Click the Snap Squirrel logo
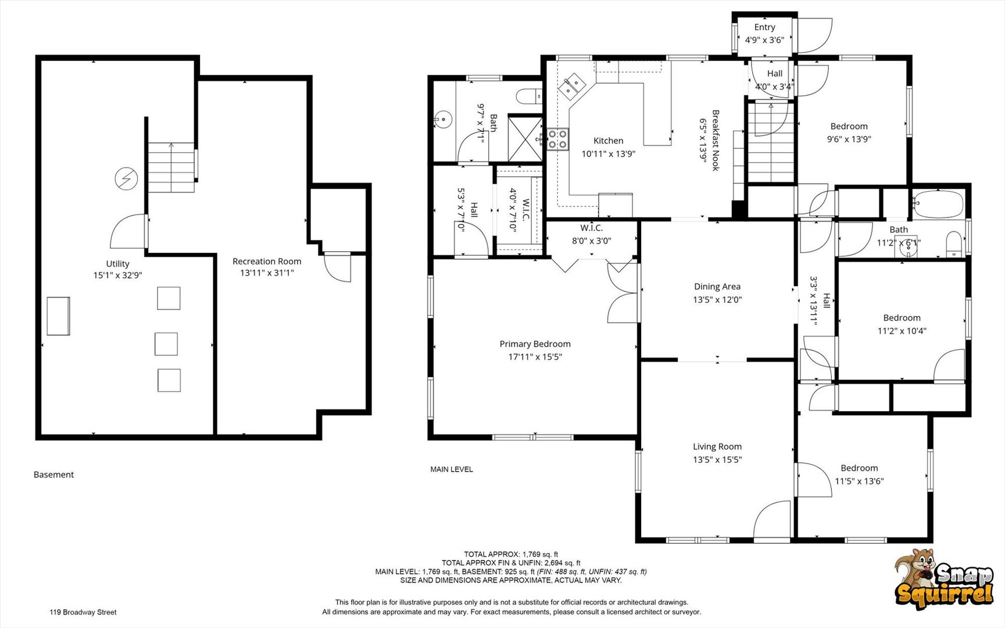point(943,578)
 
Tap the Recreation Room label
point(267,262)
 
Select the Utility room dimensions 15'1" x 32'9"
point(118,276)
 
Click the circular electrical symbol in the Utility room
point(126,179)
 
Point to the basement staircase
point(171,167)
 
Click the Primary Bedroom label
point(535,344)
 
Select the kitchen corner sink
point(572,86)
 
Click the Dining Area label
point(717,287)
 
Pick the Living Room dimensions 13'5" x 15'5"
point(717,460)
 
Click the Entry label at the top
point(765,27)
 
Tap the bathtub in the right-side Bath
point(938,204)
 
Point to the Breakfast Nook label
point(716,140)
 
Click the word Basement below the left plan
point(53,475)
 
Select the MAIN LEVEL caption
point(452,469)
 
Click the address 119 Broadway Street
point(83,612)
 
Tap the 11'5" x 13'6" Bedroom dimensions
point(859,481)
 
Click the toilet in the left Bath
point(528,96)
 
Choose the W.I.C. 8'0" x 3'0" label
point(592,234)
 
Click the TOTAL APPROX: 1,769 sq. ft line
point(511,555)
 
